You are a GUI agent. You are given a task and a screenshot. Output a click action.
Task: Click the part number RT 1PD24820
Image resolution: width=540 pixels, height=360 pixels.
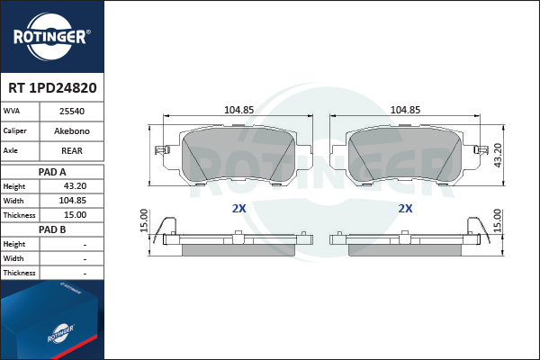(52, 88)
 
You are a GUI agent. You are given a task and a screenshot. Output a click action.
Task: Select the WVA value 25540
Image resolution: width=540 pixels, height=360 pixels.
(72, 112)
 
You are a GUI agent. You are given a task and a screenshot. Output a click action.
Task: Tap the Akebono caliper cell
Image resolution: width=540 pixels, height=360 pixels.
(72, 130)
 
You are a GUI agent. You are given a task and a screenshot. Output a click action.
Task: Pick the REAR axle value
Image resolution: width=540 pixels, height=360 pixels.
(72, 151)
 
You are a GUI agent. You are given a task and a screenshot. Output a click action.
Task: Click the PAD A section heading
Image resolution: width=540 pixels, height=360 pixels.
(52, 172)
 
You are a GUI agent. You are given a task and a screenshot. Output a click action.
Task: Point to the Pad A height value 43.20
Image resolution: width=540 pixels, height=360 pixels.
(75, 186)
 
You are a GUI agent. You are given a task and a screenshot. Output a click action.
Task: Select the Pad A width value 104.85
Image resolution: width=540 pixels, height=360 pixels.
(73, 201)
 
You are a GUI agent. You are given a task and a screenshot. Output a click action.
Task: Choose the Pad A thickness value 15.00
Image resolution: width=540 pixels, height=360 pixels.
(75, 215)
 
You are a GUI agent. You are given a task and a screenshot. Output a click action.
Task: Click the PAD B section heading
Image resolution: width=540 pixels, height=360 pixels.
(52, 229)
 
